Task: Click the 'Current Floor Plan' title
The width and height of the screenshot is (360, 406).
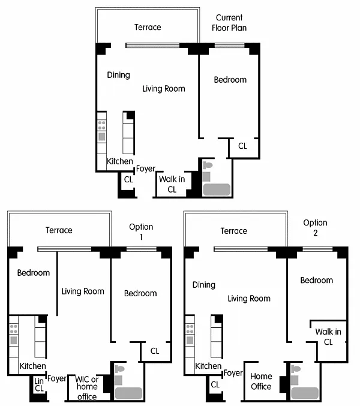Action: click(229, 23)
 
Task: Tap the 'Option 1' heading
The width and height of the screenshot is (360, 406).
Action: click(141, 231)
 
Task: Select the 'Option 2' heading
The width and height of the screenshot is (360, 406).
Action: click(315, 228)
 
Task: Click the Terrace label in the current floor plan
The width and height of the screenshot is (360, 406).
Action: click(148, 27)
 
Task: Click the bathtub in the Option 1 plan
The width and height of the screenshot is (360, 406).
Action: click(128, 393)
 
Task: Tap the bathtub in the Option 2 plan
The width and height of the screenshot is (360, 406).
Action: click(305, 393)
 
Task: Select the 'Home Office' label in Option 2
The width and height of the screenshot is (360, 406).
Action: click(261, 381)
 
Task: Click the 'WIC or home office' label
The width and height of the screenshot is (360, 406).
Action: click(87, 388)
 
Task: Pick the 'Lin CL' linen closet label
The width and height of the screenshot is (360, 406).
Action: click(39, 384)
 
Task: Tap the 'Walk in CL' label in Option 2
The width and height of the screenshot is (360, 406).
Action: click(328, 336)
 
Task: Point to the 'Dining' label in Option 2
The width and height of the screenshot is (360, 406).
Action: click(204, 285)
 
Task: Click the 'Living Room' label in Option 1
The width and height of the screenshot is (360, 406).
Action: click(83, 291)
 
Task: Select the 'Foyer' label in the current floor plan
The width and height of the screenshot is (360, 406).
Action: click(146, 169)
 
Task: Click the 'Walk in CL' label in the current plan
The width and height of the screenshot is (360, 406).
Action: click(172, 184)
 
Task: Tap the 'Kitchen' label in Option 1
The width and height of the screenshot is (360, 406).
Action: click(32, 366)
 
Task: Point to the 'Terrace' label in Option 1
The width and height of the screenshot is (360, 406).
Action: click(59, 230)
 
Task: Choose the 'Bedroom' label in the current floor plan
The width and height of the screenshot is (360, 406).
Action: click(230, 80)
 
